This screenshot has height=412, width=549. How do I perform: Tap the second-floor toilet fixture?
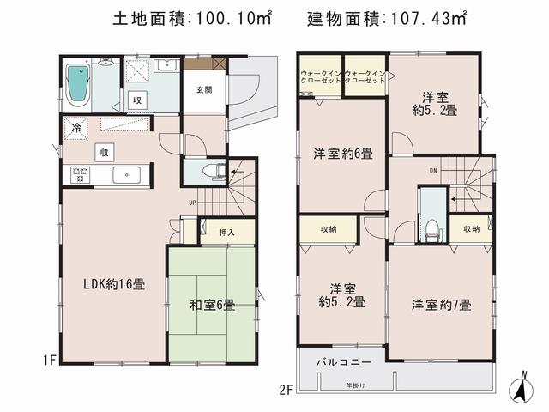(x=431, y=226)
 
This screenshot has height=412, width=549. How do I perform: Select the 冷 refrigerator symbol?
(x=75, y=128)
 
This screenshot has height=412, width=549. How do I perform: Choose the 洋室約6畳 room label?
(x=341, y=154)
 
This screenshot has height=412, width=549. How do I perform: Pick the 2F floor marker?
(x=285, y=390)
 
